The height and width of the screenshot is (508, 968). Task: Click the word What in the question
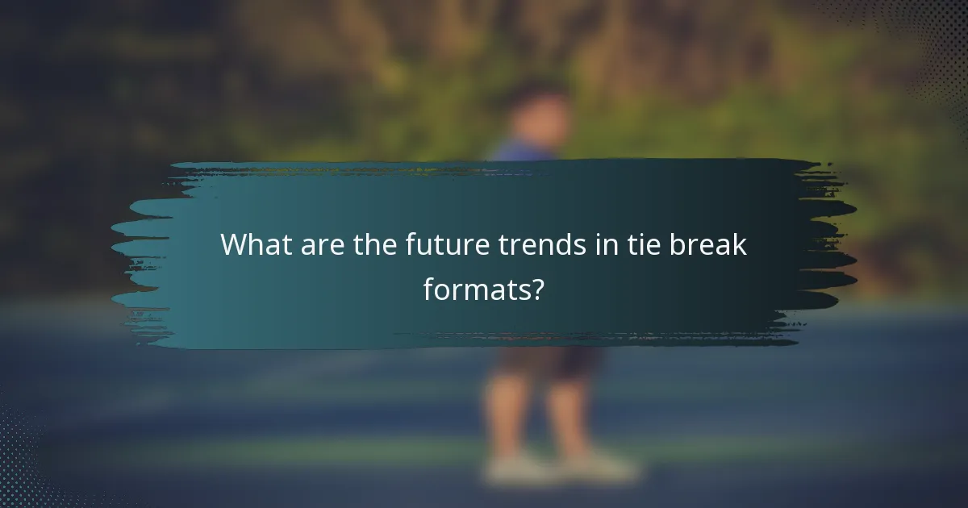(253, 245)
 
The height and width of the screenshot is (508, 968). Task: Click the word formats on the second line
(476, 289)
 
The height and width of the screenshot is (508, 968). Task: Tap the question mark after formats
(537, 289)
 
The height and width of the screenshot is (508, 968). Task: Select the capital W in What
(234, 245)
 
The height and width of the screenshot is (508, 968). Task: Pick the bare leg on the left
(506, 411)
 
